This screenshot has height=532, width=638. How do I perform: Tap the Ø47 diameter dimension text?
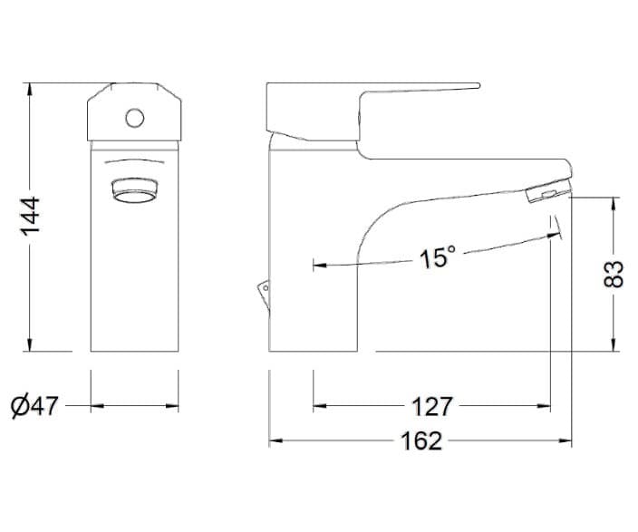(36, 405)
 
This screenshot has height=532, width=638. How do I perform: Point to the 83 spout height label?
(615, 272)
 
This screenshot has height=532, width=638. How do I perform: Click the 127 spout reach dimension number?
(431, 405)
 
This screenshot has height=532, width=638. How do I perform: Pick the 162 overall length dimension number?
(421, 441)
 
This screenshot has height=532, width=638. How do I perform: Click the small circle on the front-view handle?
(134, 117)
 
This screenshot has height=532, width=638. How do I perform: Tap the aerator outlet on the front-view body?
(134, 191)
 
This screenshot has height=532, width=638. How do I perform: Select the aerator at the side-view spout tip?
(546, 193)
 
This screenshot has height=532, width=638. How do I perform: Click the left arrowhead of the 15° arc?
(318, 266)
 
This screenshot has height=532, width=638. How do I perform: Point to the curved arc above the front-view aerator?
(134, 163)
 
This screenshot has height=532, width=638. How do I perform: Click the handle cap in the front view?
(134, 112)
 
